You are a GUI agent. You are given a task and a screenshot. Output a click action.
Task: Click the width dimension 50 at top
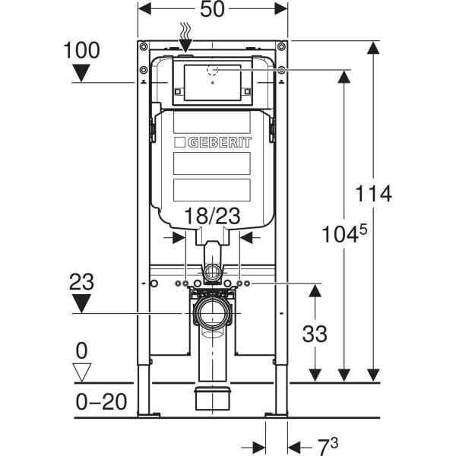coord(212,11)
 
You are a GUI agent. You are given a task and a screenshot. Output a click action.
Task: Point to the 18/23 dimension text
coord(214,217)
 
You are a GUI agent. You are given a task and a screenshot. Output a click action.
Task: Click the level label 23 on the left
coord(81,281)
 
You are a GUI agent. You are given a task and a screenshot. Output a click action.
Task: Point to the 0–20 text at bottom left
coord(101,401)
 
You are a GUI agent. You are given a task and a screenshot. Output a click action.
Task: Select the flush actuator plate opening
coord(213,82)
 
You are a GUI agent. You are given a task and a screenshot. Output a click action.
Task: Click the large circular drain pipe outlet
coord(212,312)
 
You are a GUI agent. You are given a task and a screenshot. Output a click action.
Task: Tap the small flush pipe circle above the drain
coord(213,272)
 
